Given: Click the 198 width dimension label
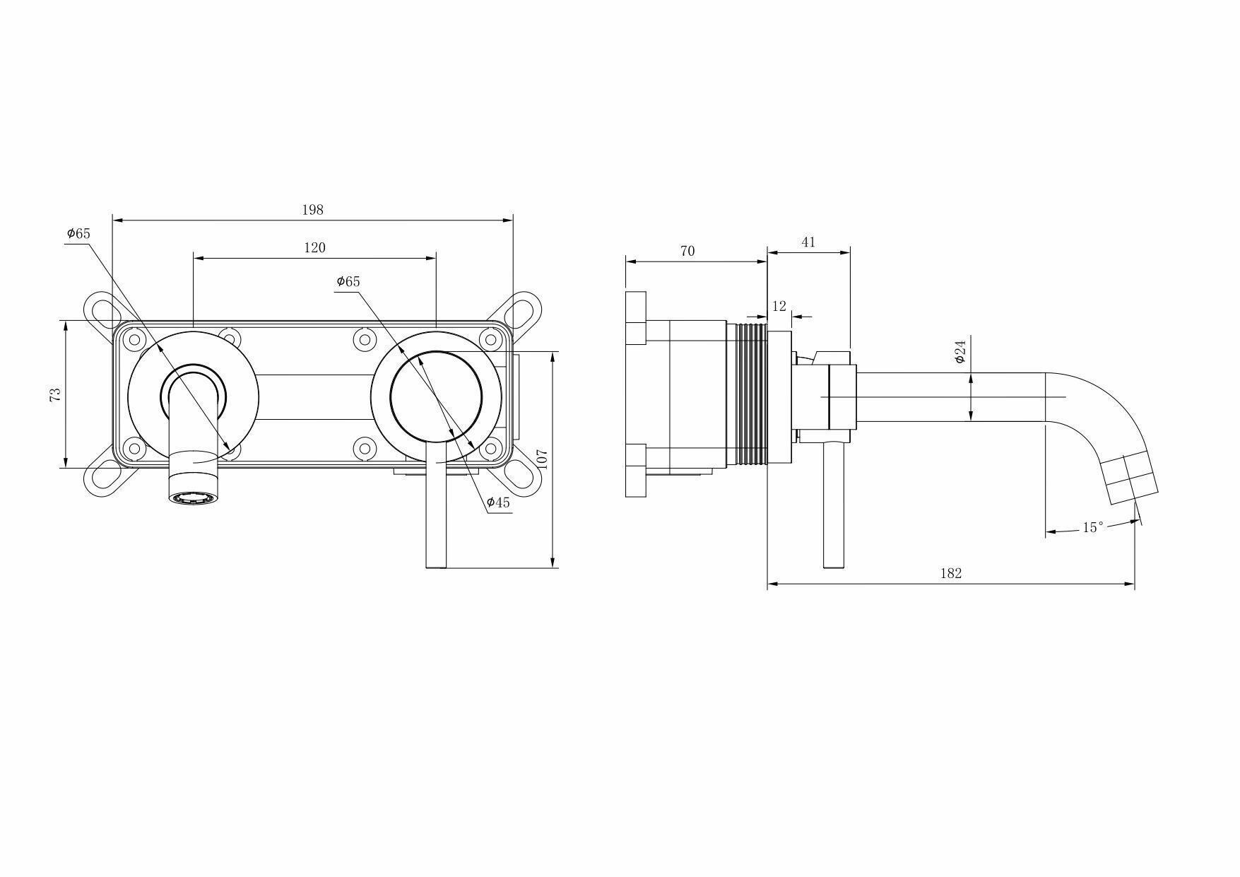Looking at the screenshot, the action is [312, 210].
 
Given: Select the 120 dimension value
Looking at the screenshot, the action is [314, 247].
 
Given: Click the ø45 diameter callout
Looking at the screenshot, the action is [498, 502].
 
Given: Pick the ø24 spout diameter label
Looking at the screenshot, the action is [959, 351].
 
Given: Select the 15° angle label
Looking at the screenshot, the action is [1092, 528].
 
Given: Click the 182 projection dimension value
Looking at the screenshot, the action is [950, 573].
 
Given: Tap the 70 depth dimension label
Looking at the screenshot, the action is [687, 251].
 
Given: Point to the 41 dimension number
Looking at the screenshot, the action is [808, 242].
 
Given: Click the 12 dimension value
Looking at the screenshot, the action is [779, 306].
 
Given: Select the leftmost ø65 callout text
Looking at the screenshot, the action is [78, 233].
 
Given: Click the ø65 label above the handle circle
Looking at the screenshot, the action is [348, 281].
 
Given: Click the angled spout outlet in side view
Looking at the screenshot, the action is [1133, 479].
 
